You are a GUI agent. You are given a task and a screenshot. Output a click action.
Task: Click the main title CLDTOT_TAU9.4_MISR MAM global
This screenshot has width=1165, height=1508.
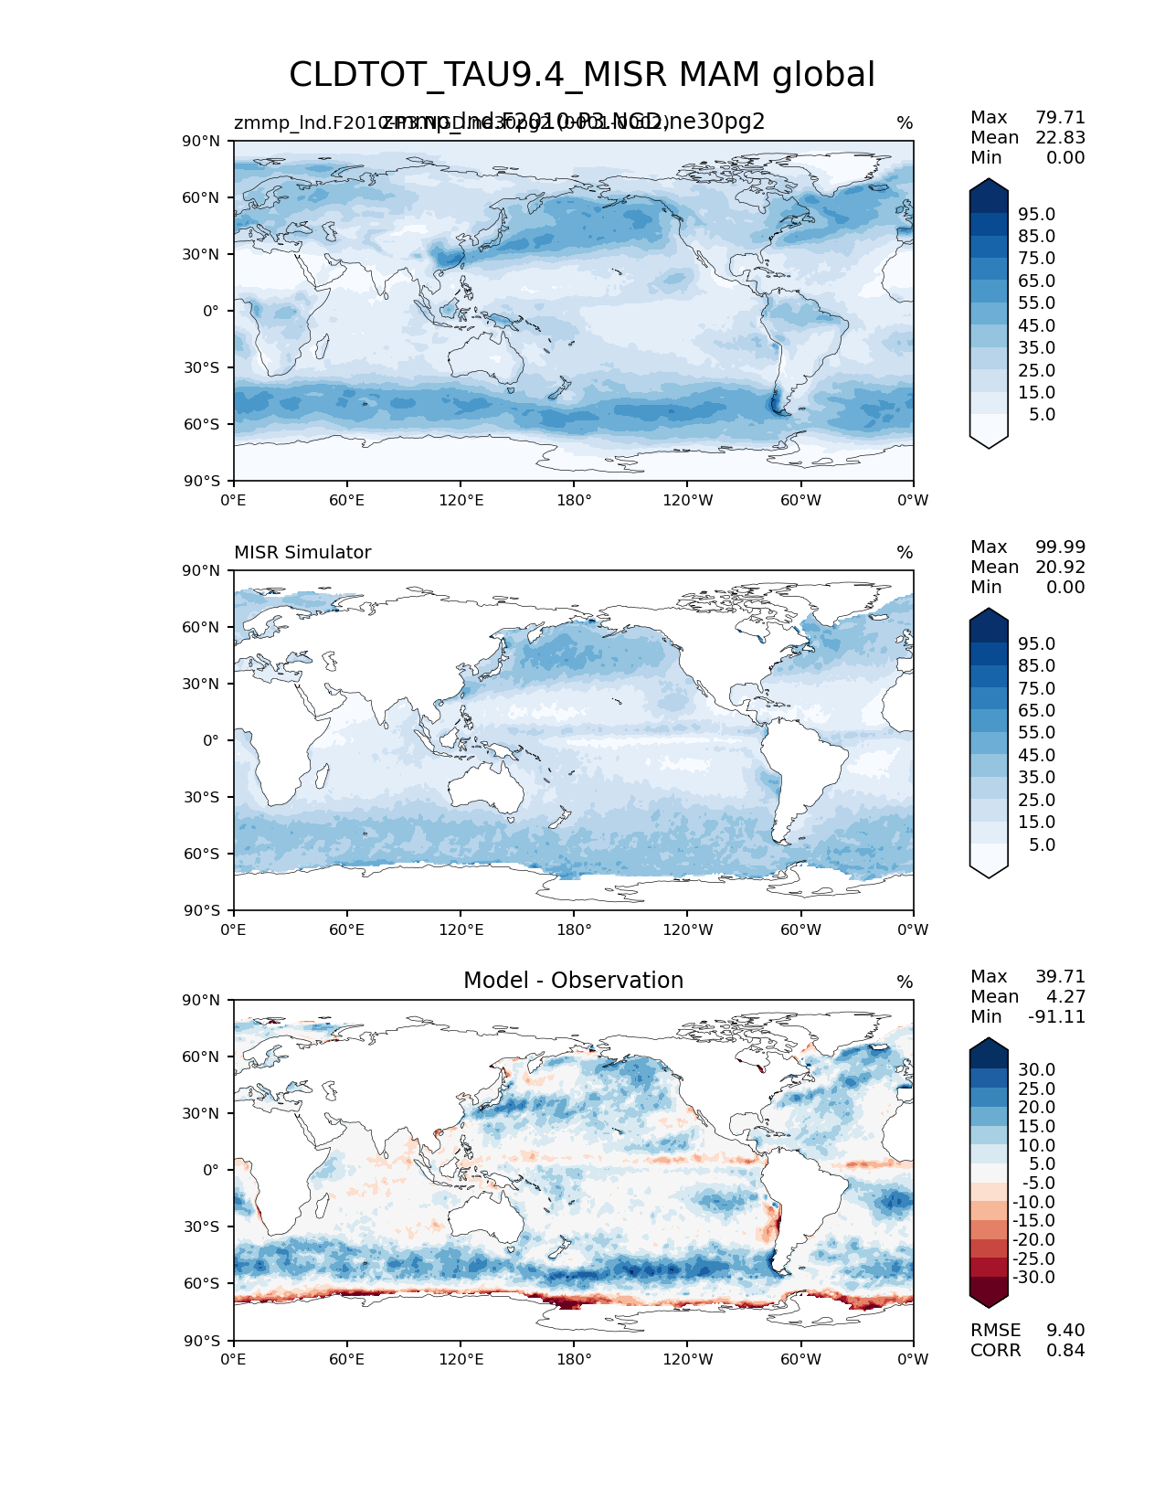click(582, 75)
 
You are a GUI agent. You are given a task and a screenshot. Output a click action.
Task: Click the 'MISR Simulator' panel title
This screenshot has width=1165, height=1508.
click(302, 552)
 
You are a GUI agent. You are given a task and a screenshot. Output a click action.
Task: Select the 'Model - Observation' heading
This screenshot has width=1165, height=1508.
click(573, 981)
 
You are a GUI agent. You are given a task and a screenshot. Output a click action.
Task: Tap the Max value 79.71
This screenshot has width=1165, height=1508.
click(1060, 118)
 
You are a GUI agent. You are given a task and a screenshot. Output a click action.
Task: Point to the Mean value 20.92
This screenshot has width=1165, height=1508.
click(1060, 568)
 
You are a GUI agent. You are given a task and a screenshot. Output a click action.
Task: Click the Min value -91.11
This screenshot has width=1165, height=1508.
click(1056, 1017)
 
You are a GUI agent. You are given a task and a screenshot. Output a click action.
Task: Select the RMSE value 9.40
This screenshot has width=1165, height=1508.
click(1065, 1331)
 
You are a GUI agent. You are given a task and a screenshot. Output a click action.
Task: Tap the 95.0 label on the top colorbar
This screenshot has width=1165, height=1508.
click(1036, 215)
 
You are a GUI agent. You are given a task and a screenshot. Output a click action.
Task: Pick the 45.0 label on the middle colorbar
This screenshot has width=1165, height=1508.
click(1036, 756)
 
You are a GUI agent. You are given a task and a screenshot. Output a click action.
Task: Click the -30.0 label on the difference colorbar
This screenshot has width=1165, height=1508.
click(1033, 1278)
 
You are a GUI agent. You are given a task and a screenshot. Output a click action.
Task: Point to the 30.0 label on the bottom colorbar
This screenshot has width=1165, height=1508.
click(1036, 1070)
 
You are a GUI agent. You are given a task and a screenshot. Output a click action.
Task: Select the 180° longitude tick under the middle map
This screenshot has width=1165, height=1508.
click(574, 930)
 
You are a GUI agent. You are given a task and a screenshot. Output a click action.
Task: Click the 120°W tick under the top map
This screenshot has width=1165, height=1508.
click(688, 501)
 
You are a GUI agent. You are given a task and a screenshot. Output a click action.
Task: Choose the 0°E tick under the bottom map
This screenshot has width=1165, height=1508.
click(234, 1360)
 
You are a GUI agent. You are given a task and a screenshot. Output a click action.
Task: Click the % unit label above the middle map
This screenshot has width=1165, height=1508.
click(905, 553)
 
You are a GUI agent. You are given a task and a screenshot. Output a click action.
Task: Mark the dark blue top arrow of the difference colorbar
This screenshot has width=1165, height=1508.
click(989, 1051)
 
